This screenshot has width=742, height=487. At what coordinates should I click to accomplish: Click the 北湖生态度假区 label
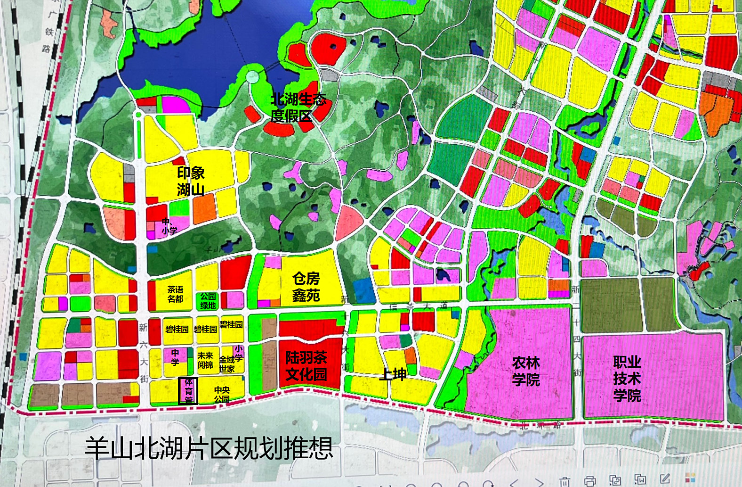point(298,107)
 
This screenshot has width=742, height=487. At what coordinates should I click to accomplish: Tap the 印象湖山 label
point(191,181)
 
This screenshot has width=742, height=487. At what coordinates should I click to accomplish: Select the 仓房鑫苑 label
point(306,287)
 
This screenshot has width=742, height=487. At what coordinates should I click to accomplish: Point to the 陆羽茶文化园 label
point(306,366)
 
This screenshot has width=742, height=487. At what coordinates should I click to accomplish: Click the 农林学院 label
point(526,371)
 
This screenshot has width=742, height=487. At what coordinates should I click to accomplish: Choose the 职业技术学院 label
point(627,379)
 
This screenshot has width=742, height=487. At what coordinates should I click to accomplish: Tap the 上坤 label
point(393,374)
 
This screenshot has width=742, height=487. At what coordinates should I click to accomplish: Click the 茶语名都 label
point(175,294)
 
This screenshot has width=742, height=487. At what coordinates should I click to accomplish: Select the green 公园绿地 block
point(208,301)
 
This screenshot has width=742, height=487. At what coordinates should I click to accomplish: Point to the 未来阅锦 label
point(205,360)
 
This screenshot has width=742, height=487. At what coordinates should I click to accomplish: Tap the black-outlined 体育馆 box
point(188,391)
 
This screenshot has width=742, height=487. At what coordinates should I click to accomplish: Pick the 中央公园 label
point(222,394)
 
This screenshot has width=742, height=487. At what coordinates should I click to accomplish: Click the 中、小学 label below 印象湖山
point(169,226)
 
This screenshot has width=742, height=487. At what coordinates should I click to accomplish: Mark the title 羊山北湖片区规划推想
point(209,448)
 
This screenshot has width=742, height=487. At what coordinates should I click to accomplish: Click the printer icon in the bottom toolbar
point(590,481)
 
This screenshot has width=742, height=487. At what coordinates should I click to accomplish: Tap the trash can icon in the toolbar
point(565,482)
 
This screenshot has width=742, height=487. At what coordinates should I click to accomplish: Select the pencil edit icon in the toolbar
point(665,479)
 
